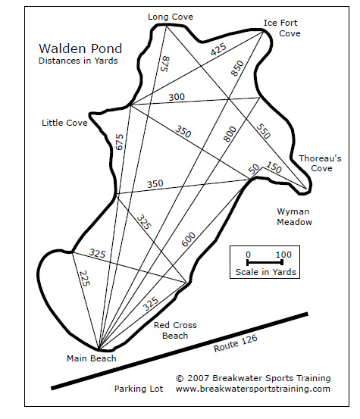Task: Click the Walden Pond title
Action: point(80,48)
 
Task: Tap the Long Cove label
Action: point(171,17)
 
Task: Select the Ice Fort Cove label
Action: point(282,28)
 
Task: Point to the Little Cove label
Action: point(64,123)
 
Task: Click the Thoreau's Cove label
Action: point(320,163)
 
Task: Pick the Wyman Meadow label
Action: point(294,217)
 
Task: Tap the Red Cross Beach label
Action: point(175,330)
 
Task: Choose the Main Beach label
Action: point(92,358)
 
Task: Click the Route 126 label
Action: point(236,343)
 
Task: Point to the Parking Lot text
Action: point(139,389)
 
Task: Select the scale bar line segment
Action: point(265,262)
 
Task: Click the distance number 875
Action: point(165,64)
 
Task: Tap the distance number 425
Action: point(218,49)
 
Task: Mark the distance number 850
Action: point(237,68)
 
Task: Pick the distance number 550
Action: point(264,131)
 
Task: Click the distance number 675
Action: point(119,142)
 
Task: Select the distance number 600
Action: point(189,239)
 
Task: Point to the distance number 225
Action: point(85,278)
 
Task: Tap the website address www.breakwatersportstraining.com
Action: point(253,389)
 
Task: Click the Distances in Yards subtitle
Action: point(78,61)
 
